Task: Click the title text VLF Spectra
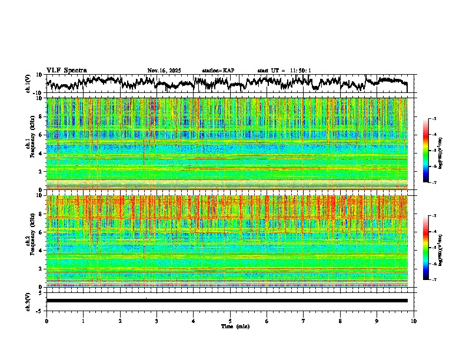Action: click(x=66, y=70)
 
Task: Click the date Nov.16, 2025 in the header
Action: click(x=164, y=71)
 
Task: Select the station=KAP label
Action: click(x=218, y=71)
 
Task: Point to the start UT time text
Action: click(x=284, y=71)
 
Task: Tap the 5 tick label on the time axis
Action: click(x=230, y=321)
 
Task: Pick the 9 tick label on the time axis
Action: click(x=377, y=321)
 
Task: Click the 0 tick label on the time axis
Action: click(x=46, y=321)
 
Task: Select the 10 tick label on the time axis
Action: click(x=414, y=321)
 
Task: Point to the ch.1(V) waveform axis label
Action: click(x=28, y=84)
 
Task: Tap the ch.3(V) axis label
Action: click(x=28, y=301)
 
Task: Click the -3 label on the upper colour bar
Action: click(x=434, y=118)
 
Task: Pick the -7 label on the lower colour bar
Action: click(x=434, y=280)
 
